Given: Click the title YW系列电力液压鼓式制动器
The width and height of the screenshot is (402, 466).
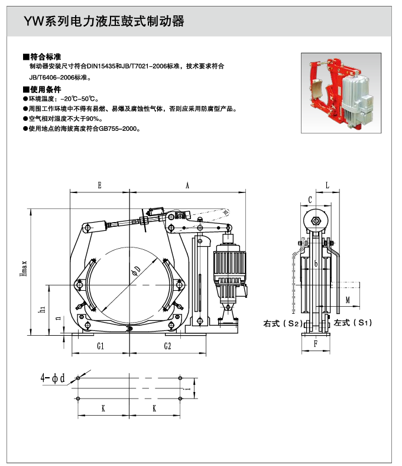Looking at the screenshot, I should [103, 23].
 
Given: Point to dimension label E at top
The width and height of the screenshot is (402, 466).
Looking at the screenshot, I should [99, 185].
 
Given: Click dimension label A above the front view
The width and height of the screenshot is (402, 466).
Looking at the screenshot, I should [187, 185].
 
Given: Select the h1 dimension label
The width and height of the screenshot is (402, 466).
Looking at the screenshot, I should [42, 308].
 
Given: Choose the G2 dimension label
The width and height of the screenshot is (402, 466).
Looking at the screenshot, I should [167, 345].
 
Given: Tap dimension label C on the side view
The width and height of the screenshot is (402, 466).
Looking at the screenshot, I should [310, 199].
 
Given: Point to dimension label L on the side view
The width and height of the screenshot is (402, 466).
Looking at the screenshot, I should [328, 185].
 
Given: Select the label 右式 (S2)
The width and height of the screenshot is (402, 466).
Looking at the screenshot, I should [283, 324].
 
